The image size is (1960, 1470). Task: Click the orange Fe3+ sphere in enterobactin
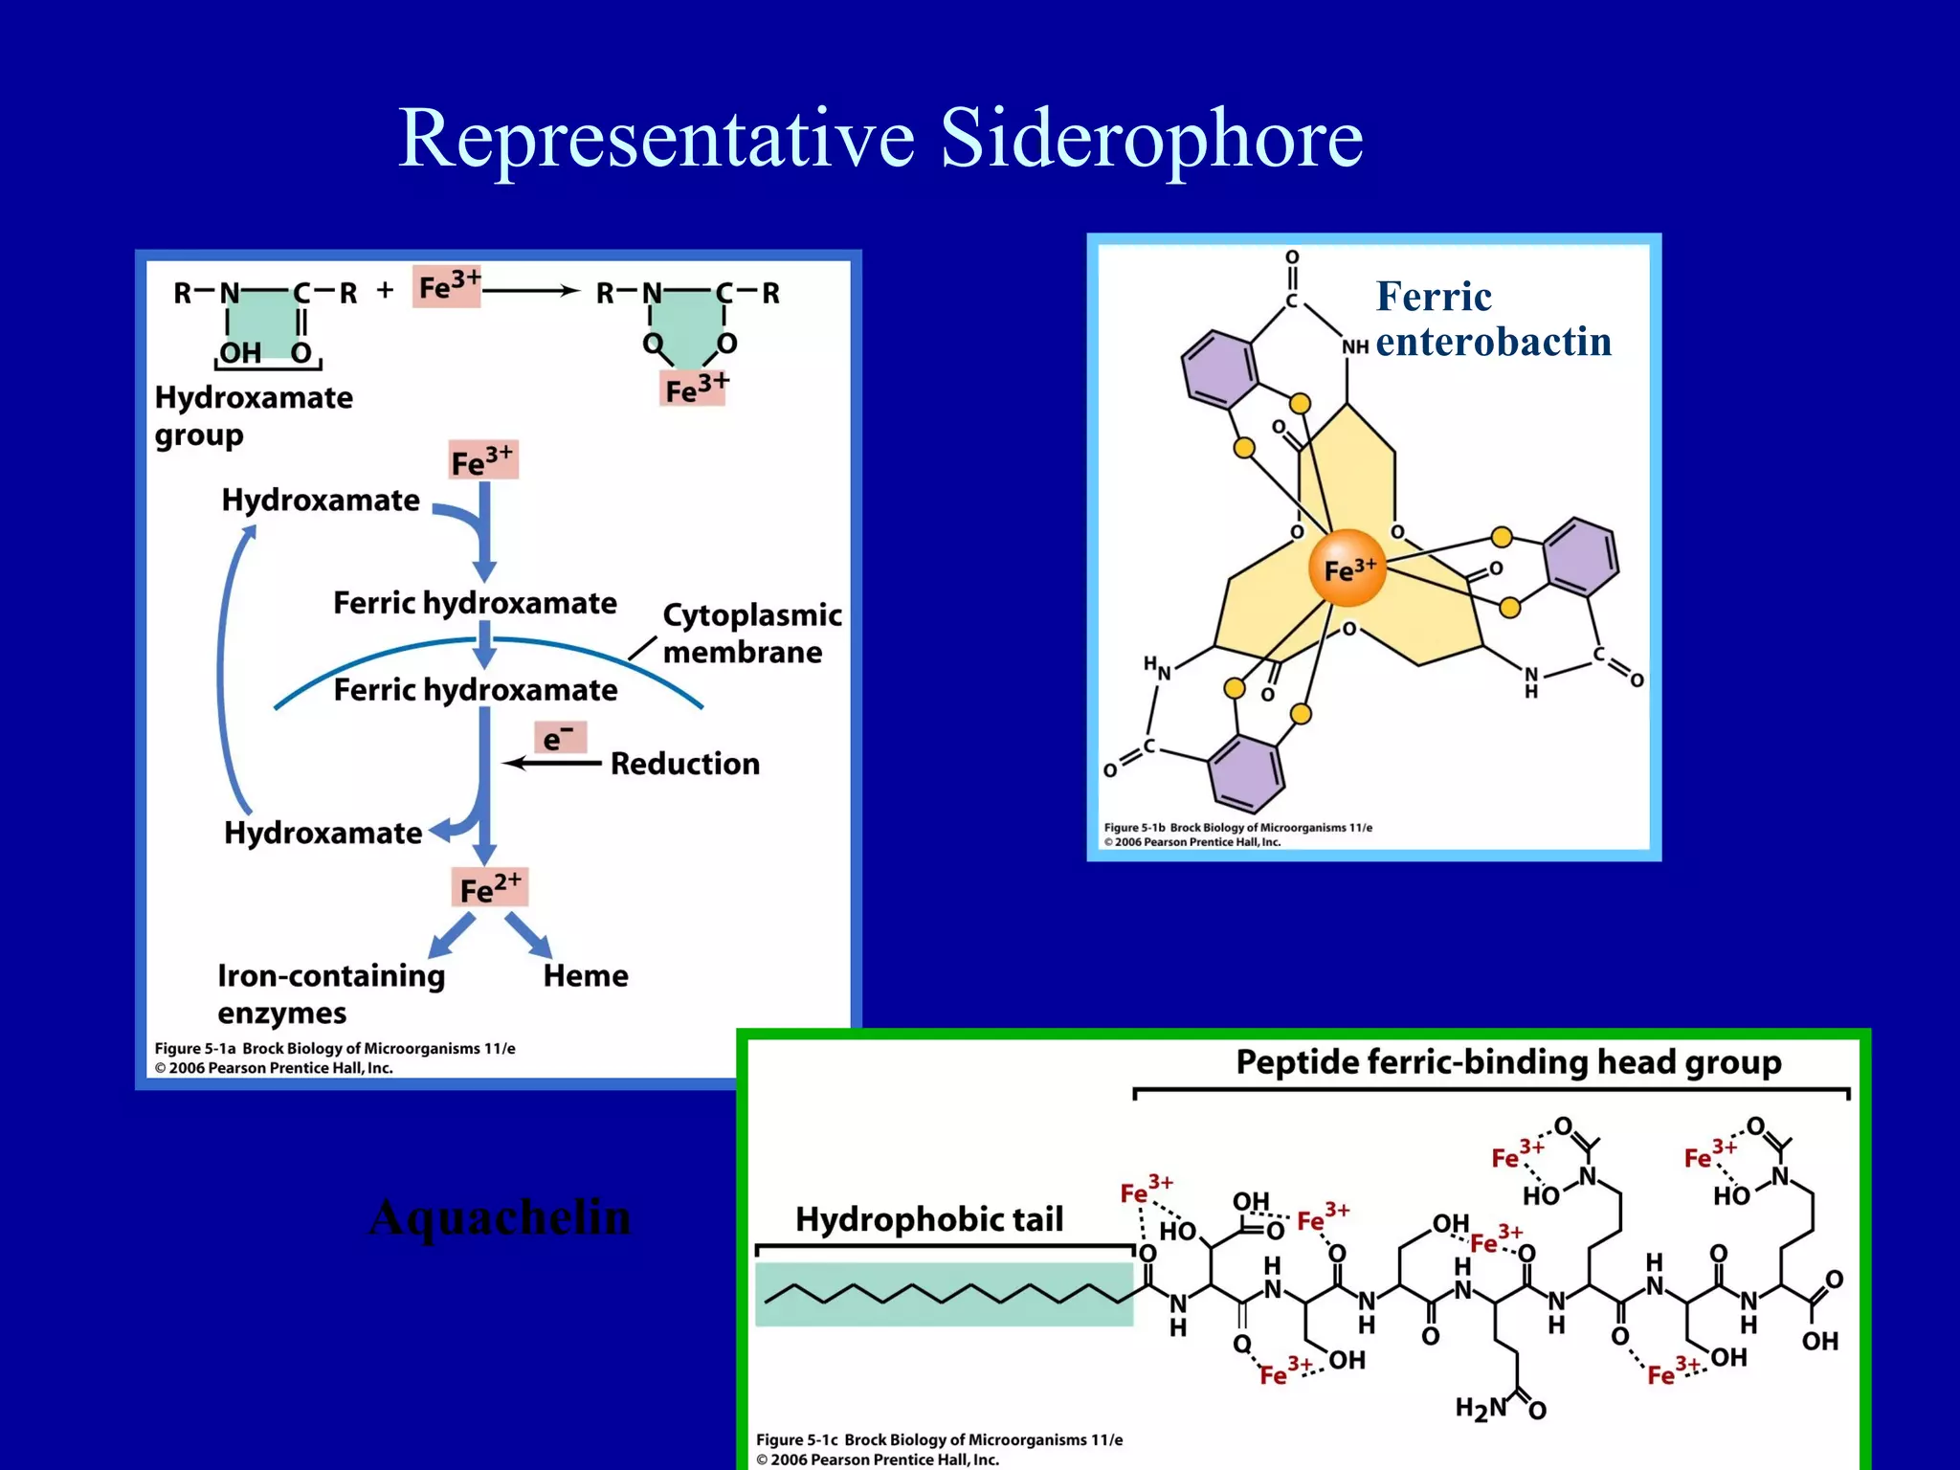1347,568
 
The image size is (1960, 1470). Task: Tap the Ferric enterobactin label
1493,319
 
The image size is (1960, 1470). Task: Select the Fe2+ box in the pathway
489,888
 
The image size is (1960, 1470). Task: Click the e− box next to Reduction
560,738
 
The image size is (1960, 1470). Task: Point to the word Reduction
685,764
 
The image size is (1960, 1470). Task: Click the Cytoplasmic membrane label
751,633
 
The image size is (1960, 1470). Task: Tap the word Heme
586,976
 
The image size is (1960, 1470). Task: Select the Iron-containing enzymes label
330,993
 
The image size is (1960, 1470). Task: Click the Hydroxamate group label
254,415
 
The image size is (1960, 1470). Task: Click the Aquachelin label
500,1217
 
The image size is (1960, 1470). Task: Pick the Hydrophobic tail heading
929,1219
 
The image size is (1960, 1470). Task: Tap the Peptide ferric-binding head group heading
1508,1062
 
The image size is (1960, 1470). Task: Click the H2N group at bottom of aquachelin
1481,1408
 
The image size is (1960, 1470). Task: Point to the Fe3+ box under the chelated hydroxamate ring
693,389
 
